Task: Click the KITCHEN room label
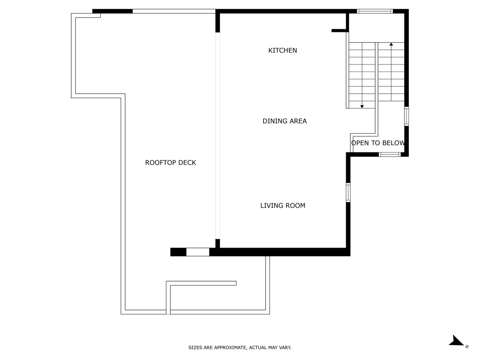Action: click(282, 50)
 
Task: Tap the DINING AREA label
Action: click(284, 121)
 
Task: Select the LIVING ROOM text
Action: click(282, 206)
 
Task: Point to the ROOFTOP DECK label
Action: click(170, 163)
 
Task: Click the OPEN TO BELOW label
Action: click(378, 143)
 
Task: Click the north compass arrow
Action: click(456, 341)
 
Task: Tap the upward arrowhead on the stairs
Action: click(391, 44)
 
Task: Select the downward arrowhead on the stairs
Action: click(362, 106)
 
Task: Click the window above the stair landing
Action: click(374, 11)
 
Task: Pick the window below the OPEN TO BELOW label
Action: click(390, 154)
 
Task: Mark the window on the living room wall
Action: click(348, 192)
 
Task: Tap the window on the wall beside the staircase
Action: click(406, 116)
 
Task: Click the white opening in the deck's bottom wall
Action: click(198, 252)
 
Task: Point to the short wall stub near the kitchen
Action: click(339, 30)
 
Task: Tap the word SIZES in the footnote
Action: click(195, 348)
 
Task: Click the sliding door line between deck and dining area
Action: click(218, 136)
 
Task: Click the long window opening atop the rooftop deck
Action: click(174, 11)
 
